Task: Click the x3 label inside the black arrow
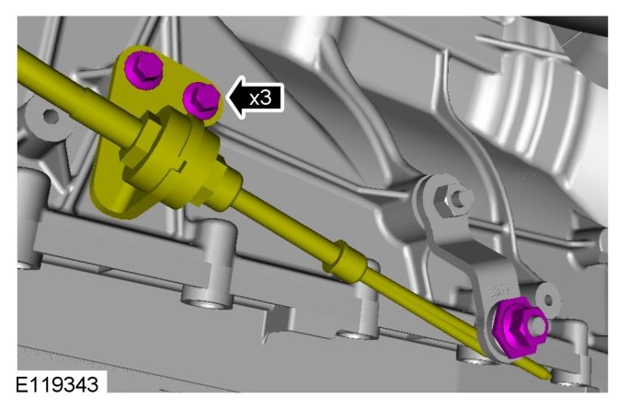tap(260, 98)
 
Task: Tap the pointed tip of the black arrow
tap(227, 98)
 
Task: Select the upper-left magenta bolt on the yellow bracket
tap(143, 69)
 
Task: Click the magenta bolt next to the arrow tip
tap(201, 100)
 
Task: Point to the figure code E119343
tap(57, 384)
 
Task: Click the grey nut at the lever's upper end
tap(451, 199)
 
